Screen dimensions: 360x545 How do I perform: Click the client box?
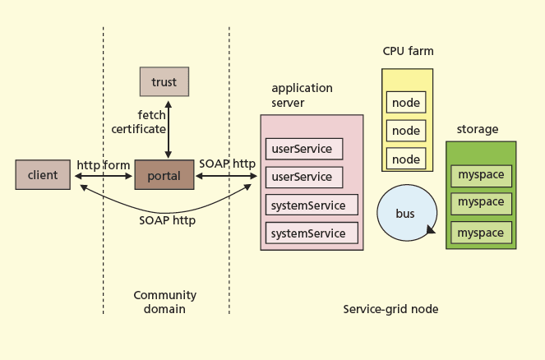point(43,175)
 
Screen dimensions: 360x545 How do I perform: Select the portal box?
point(164,175)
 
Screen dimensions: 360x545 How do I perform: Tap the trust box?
point(164,82)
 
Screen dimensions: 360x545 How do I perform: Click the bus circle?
point(406,213)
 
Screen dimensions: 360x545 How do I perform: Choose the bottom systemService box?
point(312,233)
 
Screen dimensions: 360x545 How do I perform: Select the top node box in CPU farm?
point(406,103)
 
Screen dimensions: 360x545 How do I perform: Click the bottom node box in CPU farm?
point(406,159)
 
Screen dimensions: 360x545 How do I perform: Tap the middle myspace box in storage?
point(481,202)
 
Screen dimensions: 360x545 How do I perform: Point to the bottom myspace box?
point(481,233)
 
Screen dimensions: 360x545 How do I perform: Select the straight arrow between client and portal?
point(103,176)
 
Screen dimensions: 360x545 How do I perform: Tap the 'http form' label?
point(104,165)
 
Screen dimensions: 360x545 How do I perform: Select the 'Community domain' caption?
point(165,302)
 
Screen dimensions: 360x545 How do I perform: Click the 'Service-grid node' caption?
point(390,309)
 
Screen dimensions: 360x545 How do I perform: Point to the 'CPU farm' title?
point(409,51)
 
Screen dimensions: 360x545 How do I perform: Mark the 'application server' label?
point(302,95)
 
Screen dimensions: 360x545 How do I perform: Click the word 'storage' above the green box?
point(478,129)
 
